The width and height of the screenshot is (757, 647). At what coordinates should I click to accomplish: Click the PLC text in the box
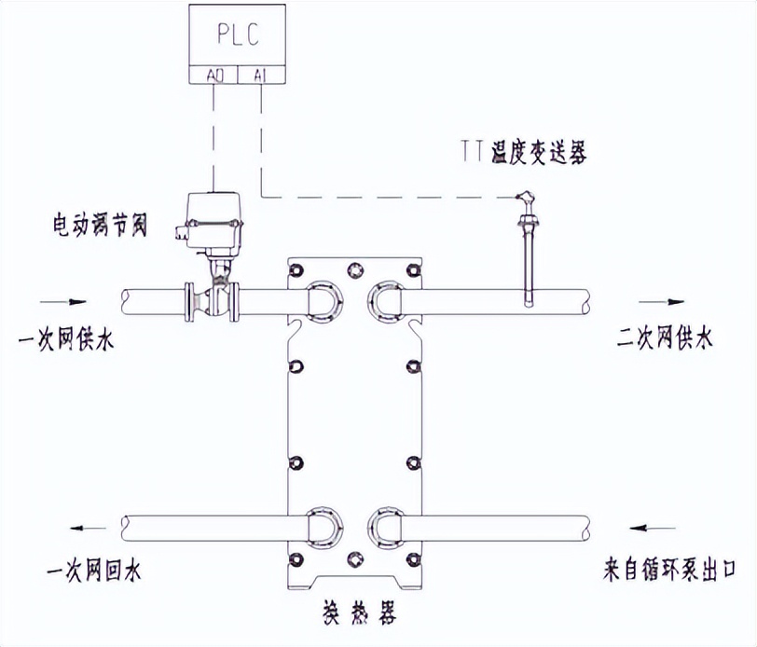pos(237,36)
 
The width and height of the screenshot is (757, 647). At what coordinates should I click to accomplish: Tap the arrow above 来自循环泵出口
pos(652,529)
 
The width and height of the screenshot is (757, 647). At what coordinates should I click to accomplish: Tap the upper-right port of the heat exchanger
pos(386,300)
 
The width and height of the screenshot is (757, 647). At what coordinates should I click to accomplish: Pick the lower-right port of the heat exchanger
pos(386,526)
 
